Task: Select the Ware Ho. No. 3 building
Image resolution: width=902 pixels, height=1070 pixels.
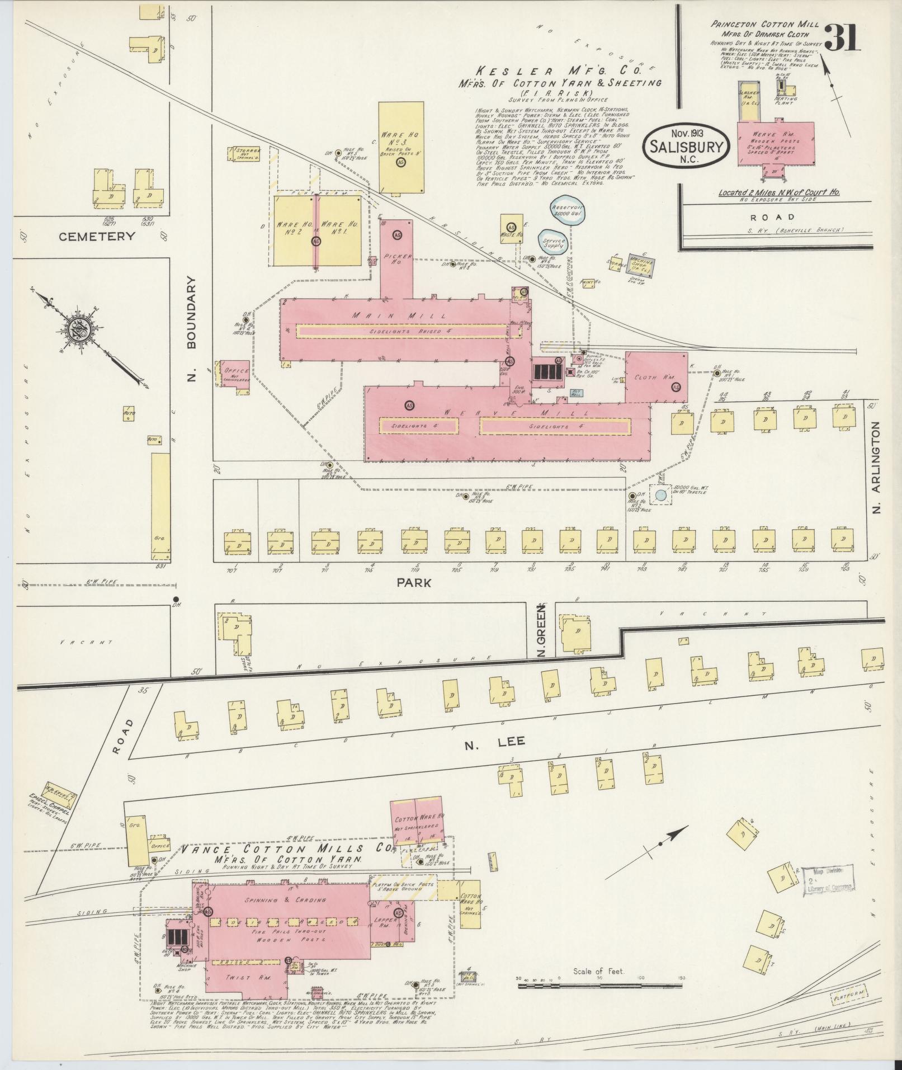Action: coord(400,147)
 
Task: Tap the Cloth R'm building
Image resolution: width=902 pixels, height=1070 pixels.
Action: coord(656,377)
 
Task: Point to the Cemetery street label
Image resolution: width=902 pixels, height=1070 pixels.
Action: coord(97,236)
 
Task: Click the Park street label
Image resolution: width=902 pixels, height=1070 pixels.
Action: coord(414,583)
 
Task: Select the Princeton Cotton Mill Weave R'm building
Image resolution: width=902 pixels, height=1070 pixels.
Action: coord(775,147)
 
